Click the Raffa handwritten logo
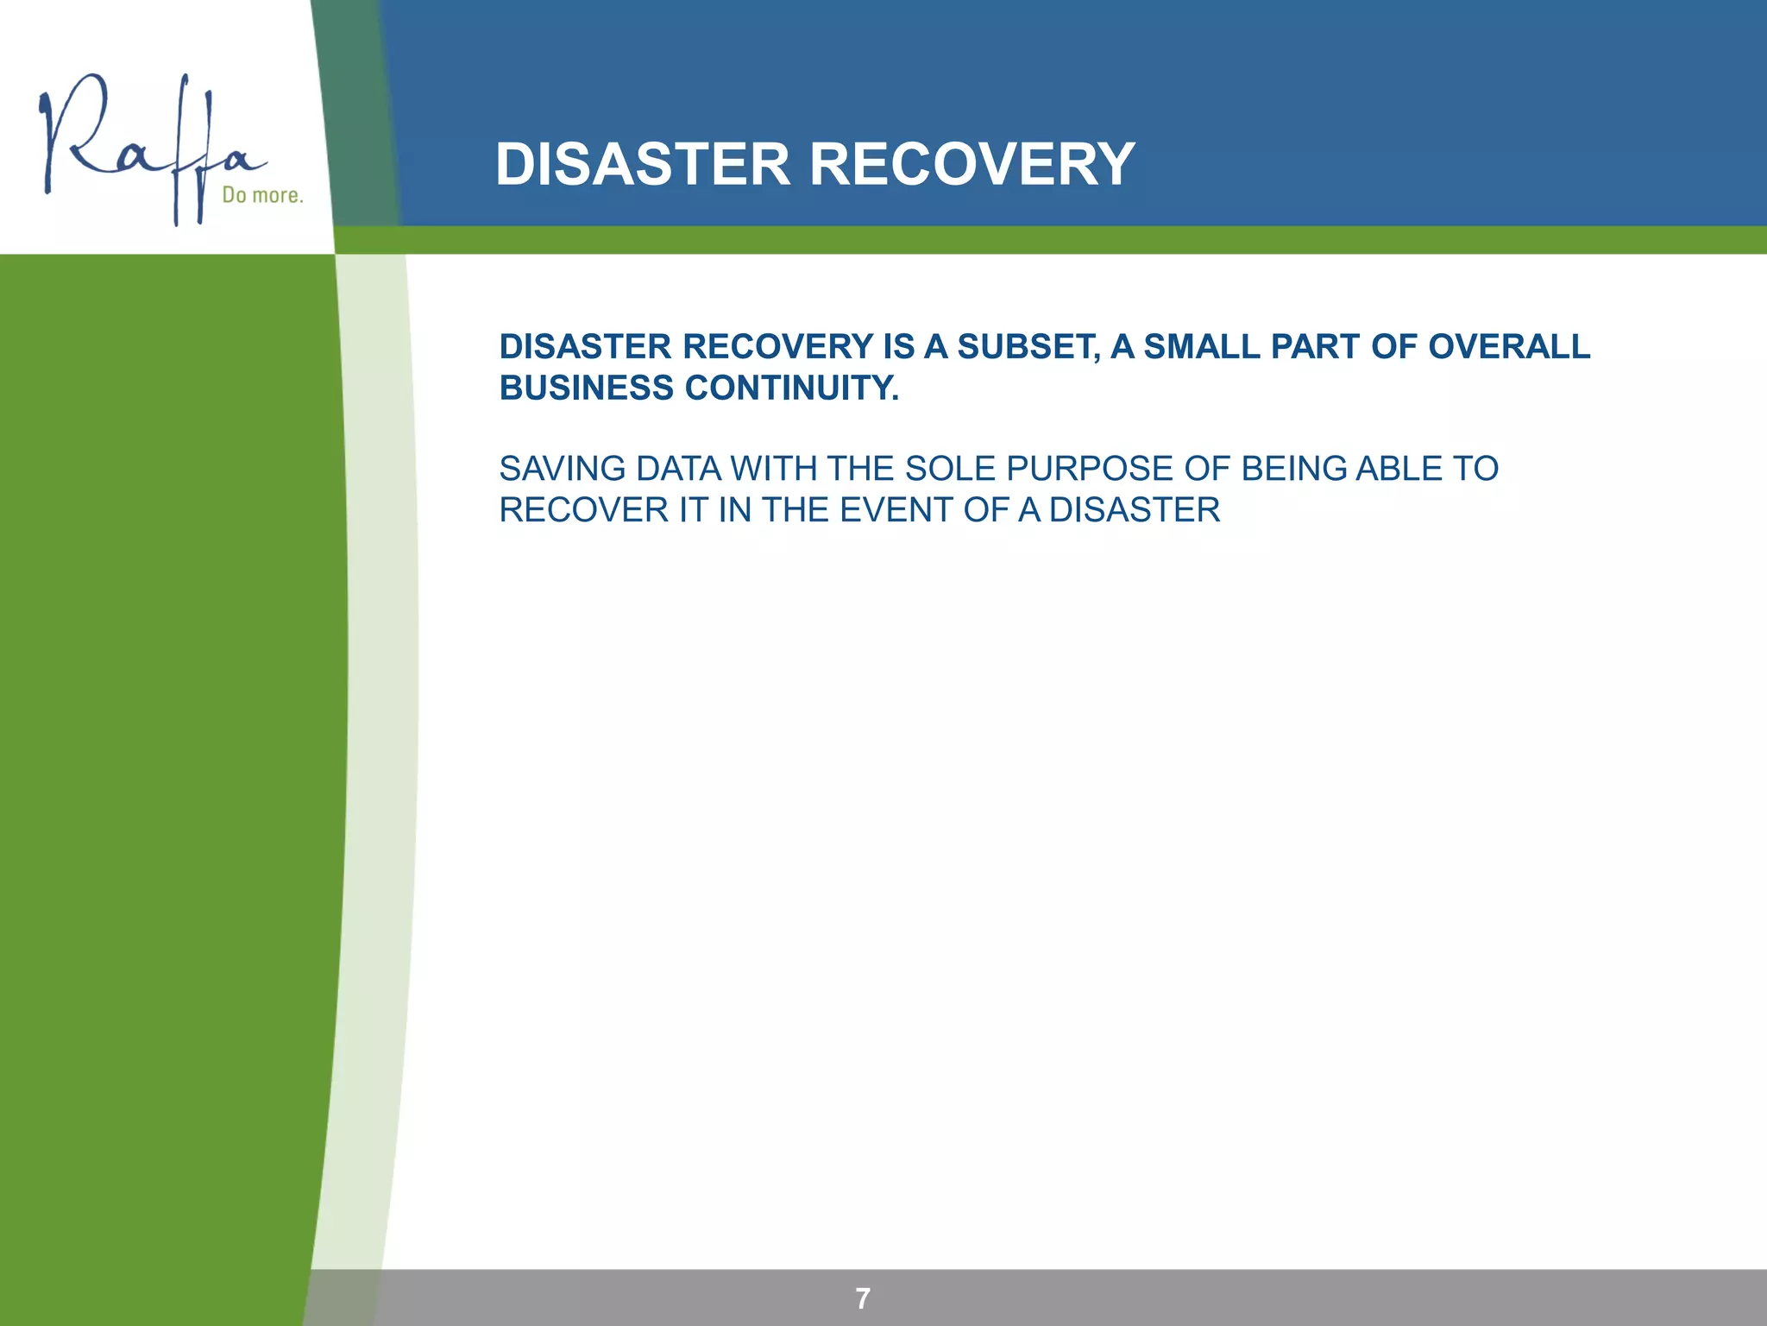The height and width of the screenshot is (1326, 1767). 147,147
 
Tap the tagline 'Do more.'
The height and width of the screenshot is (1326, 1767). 262,195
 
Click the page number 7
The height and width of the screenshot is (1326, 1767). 863,1298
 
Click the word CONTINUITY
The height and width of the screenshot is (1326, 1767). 792,388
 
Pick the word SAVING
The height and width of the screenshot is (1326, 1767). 563,469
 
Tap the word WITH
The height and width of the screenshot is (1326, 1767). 774,469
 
